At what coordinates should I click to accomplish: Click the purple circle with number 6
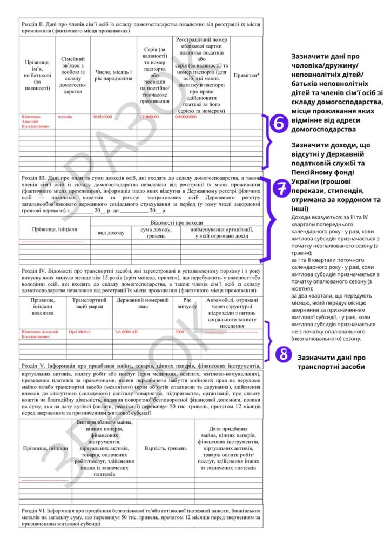(280, 124)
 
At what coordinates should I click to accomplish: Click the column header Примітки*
(246, 76)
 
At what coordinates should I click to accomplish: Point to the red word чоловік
(65, 116)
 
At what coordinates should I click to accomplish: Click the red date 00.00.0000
(103, 116)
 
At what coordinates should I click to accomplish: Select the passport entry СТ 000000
(149, 116)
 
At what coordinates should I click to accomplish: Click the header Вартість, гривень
(165, 448)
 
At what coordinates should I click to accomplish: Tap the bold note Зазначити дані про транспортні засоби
(332, 362)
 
